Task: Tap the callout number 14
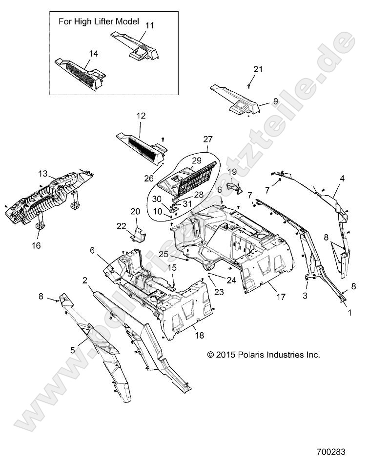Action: (94, 54)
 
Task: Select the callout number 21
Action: (258, 69)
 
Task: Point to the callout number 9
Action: (275, 101)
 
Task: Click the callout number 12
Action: (141, 116)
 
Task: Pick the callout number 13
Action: (42, 173)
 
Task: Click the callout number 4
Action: (342, 179)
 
